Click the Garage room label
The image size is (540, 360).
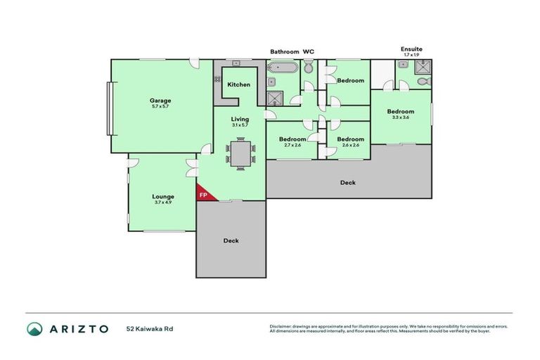(160, 101)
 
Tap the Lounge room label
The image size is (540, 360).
(163, 196)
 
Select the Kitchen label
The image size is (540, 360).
(238, 85)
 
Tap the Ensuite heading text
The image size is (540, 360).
(411, 49)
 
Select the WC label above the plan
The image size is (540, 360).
(308, 52)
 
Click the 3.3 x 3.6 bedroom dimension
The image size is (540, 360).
(400, 117)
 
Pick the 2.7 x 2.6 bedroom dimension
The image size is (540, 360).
(292, 145)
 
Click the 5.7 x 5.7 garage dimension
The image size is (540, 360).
(160, 107)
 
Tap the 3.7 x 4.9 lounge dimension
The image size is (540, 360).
(163, 202)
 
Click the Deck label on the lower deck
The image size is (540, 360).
(231, 240)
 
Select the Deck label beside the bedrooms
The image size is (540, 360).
(348, 183)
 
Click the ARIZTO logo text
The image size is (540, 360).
(78, 328)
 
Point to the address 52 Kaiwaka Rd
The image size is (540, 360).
(149, 328)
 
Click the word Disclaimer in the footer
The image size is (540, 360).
(283, 326)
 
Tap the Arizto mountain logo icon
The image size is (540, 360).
(34, 328)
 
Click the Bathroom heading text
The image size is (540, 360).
(285, 52)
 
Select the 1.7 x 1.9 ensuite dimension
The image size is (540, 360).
(411, 54)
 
